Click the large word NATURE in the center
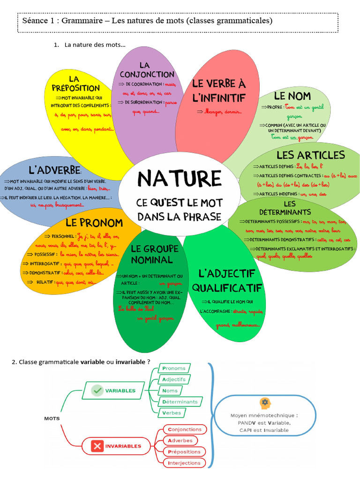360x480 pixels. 180,179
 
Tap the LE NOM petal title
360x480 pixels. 292,96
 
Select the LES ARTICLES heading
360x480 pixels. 310,155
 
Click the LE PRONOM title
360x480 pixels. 94,223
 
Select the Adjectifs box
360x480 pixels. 174,379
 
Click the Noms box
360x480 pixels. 170,390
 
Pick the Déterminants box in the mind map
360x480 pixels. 180,402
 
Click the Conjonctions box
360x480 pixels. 184,429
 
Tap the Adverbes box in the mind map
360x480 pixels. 180,441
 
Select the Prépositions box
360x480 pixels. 184,452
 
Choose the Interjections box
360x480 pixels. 184,463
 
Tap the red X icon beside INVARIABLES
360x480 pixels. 97,446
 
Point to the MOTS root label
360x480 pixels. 52,419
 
